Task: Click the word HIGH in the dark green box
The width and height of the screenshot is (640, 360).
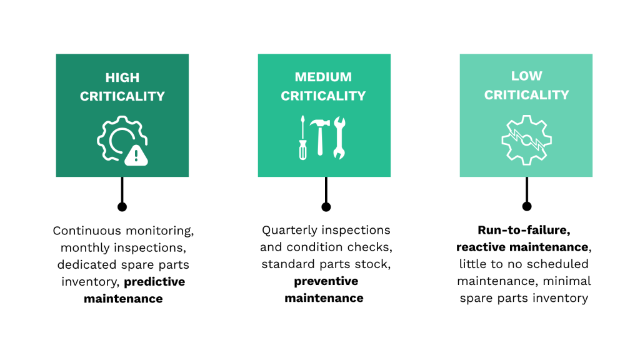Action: [122, 78]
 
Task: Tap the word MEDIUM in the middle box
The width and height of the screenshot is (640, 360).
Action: [323, 77]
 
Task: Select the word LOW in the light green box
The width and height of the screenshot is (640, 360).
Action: [526, 76]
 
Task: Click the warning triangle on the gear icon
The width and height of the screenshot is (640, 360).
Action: [136, 154]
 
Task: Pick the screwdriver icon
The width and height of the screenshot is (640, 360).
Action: [302, 137]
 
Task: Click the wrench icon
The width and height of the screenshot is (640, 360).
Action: [339, 137]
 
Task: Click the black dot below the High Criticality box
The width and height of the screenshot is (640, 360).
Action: [122, 206]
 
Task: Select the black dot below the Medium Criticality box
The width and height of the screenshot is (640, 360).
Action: [326, 207]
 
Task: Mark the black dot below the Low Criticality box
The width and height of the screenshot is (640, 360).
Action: [527, 206]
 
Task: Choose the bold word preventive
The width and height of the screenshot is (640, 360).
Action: [326, 281]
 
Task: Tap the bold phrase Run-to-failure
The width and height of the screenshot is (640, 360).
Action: [524, 230]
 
